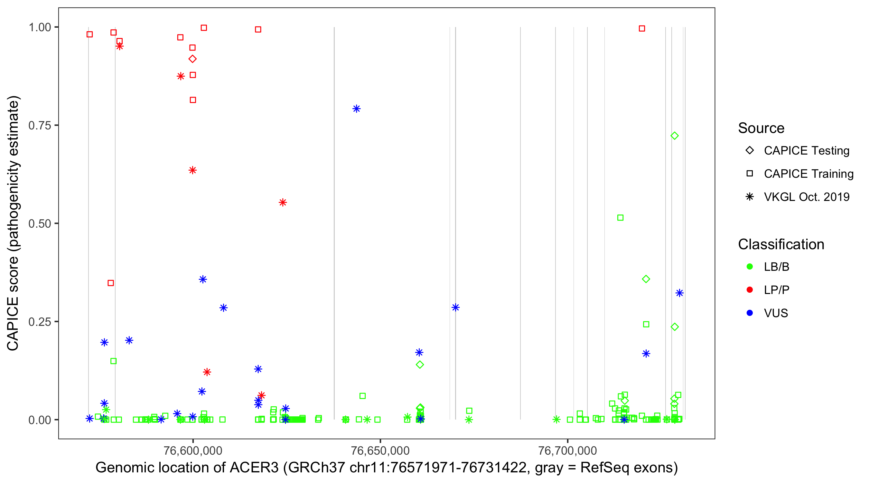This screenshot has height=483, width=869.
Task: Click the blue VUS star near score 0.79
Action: click(x=356, y=109)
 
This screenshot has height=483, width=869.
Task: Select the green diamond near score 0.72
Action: click(x=674, y=136)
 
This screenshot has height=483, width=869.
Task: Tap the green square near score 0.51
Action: click(x=620, y=218)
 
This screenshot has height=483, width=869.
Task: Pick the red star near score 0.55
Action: click(x=283, y=203)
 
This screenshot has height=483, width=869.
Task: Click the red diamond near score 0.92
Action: click(x=192, y=59)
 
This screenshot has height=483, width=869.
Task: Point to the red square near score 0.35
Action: click(x=111, y=283)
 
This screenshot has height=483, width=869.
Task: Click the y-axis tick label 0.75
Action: click(x=39, y=126)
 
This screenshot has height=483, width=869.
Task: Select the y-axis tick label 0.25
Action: click(x=39, y=322)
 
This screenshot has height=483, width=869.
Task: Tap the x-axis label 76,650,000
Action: click(x=380, y=450)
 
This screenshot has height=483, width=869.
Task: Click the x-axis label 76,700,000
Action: click(x=567, y=450)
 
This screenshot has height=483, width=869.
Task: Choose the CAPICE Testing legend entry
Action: click(x=806, y=151)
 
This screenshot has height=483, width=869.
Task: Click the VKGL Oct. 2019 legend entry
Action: click(x=806, y=197)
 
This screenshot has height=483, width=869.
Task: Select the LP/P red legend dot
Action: click(x=750, y=290)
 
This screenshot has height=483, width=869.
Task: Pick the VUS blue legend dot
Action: click(x=750, y=313)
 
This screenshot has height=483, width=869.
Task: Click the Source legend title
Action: click(x=761, y=128)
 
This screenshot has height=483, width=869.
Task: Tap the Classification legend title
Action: click(x=781, y=244)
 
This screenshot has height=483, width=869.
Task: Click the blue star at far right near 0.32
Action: click(x=679, y=293)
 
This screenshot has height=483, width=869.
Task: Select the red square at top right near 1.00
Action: click(x=642, y=29)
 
